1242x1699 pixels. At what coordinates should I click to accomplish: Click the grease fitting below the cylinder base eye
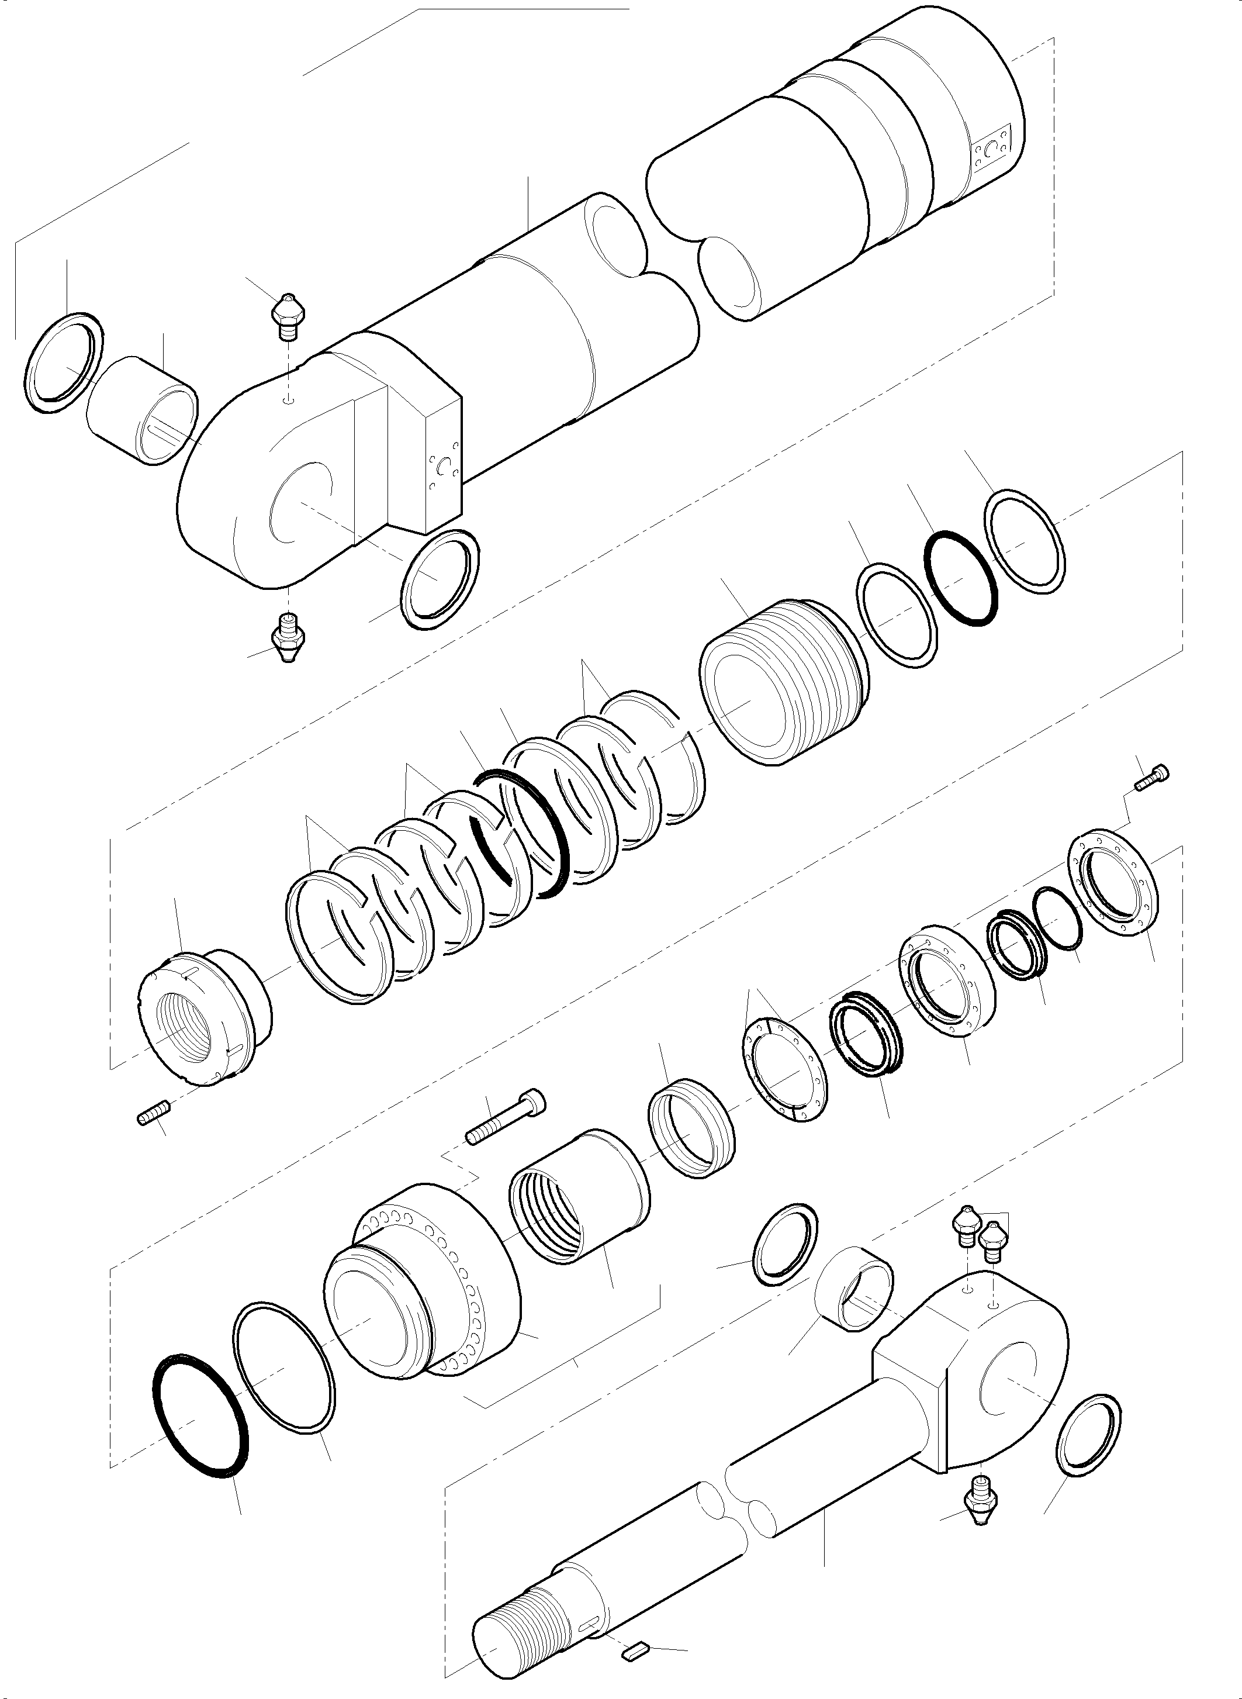tap(288, 637)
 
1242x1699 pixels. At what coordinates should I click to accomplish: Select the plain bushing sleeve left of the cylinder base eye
tap(142, 410)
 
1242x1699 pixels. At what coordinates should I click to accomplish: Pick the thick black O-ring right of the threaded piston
tap(961, 578)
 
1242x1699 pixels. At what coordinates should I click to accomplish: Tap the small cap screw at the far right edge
tap(1151, 777)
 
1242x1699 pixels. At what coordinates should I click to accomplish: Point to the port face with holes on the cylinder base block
tap(443, 472)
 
